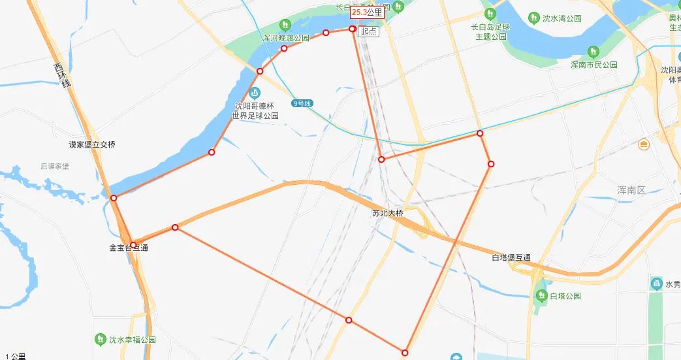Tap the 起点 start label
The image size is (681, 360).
point(368,31)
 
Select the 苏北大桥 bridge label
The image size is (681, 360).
point(388,213)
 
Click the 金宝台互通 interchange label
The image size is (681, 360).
point(129,248)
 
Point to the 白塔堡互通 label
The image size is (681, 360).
point(511,257)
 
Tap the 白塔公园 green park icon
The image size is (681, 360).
point(541,295)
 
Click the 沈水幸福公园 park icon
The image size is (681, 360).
point(100,339)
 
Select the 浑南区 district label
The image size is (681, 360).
point(631,190)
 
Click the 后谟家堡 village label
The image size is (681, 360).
point(55,167)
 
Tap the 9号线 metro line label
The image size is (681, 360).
point(303,103)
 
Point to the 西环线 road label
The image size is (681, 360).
point(63,78)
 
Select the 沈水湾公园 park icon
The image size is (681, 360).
point(534,17)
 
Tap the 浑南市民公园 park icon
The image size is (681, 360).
point(594,51)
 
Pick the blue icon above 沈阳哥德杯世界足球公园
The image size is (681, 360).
point(255,93)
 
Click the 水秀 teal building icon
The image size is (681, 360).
point(656,284)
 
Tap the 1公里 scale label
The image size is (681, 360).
point(14,356)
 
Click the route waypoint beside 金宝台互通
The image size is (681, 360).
point(133,245)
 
